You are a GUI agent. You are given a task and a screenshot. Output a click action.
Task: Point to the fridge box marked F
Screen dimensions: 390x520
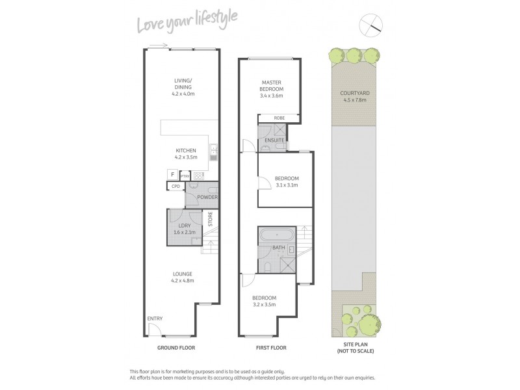click(x=172, y=174)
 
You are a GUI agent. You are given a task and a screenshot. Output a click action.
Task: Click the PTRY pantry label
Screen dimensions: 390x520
click(x=184, y=175)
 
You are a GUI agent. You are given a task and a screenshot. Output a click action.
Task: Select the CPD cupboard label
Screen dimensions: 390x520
click(x=175, y=187)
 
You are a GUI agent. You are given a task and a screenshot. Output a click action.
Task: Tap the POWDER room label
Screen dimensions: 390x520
click(x=208, y=197)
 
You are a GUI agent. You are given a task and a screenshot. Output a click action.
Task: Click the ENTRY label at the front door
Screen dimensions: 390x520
click(x=155, y=318)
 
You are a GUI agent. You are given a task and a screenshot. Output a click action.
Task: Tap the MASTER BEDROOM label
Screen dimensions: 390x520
click(x=272, y=84)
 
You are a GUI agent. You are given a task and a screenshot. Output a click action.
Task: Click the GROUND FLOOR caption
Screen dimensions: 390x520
click(x=177, y=348)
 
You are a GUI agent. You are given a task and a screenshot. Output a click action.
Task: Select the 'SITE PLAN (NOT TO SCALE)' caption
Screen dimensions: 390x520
click(x=356, y=348)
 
